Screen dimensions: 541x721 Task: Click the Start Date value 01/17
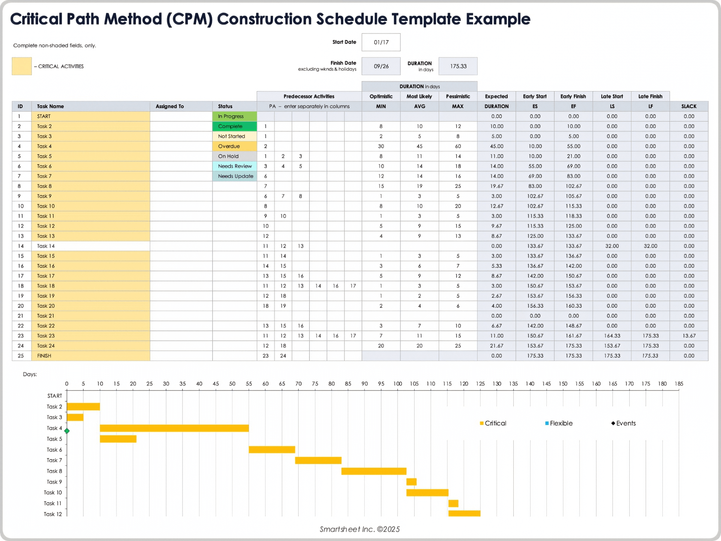381,42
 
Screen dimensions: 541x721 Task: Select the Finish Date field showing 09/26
381,66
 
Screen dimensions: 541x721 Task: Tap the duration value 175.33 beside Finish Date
458,66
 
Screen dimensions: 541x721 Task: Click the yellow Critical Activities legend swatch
22,66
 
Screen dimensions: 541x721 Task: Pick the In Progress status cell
234,116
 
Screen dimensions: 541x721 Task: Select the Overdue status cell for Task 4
234,147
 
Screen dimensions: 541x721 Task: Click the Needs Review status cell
234,166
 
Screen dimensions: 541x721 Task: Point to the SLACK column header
689,106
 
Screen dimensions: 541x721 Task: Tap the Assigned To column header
170,106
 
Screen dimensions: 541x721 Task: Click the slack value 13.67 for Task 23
689,336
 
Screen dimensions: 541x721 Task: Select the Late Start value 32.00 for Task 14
612,246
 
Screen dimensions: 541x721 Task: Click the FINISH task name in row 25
44,356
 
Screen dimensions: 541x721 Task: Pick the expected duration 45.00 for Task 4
496,147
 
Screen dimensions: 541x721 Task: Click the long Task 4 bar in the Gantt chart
174,428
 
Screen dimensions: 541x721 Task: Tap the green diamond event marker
67,431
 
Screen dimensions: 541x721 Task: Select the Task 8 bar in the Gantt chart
374,471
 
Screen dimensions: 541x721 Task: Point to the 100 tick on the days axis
397,384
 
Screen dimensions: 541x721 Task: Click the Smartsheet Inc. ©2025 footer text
360,529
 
